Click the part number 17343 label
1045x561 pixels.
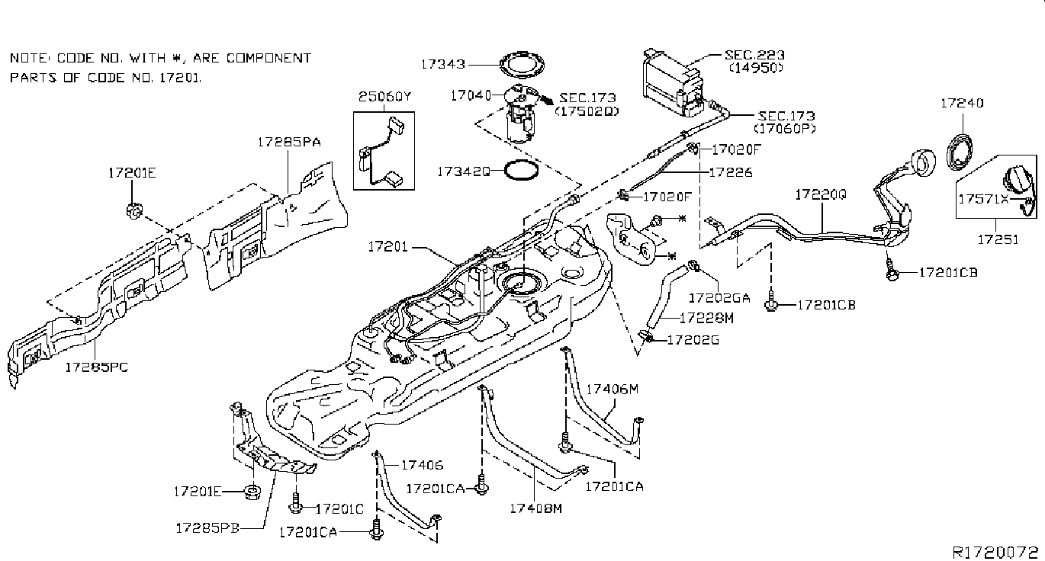coord(443,64)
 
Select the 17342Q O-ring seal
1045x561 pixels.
coord(522,170)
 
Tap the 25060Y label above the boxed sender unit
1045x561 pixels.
coord(385,97)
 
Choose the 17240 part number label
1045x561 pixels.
coord(962,103)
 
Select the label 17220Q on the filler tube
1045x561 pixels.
coord(821,194)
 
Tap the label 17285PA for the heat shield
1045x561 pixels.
coord(289,142)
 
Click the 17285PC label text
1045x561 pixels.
coord(96,367)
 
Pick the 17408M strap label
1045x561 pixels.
coord(535,508)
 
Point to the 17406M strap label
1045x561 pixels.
coord(612,389)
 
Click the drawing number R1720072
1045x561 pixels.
coord(995,552)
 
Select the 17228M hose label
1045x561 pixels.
coord(707,318)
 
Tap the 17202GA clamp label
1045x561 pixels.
coord(719,297)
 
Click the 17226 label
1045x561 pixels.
coord(731,172)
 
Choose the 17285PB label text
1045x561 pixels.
coord(207,527)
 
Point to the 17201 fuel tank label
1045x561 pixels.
coord(388,246)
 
